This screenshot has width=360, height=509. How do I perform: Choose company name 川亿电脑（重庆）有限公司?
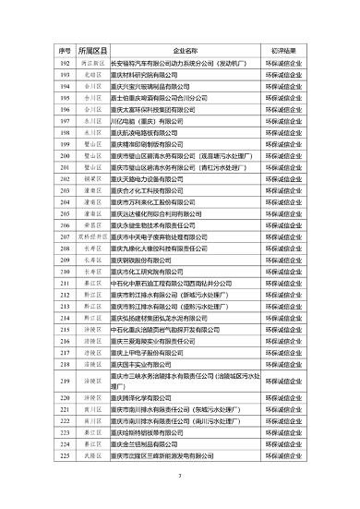coord(152,121)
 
